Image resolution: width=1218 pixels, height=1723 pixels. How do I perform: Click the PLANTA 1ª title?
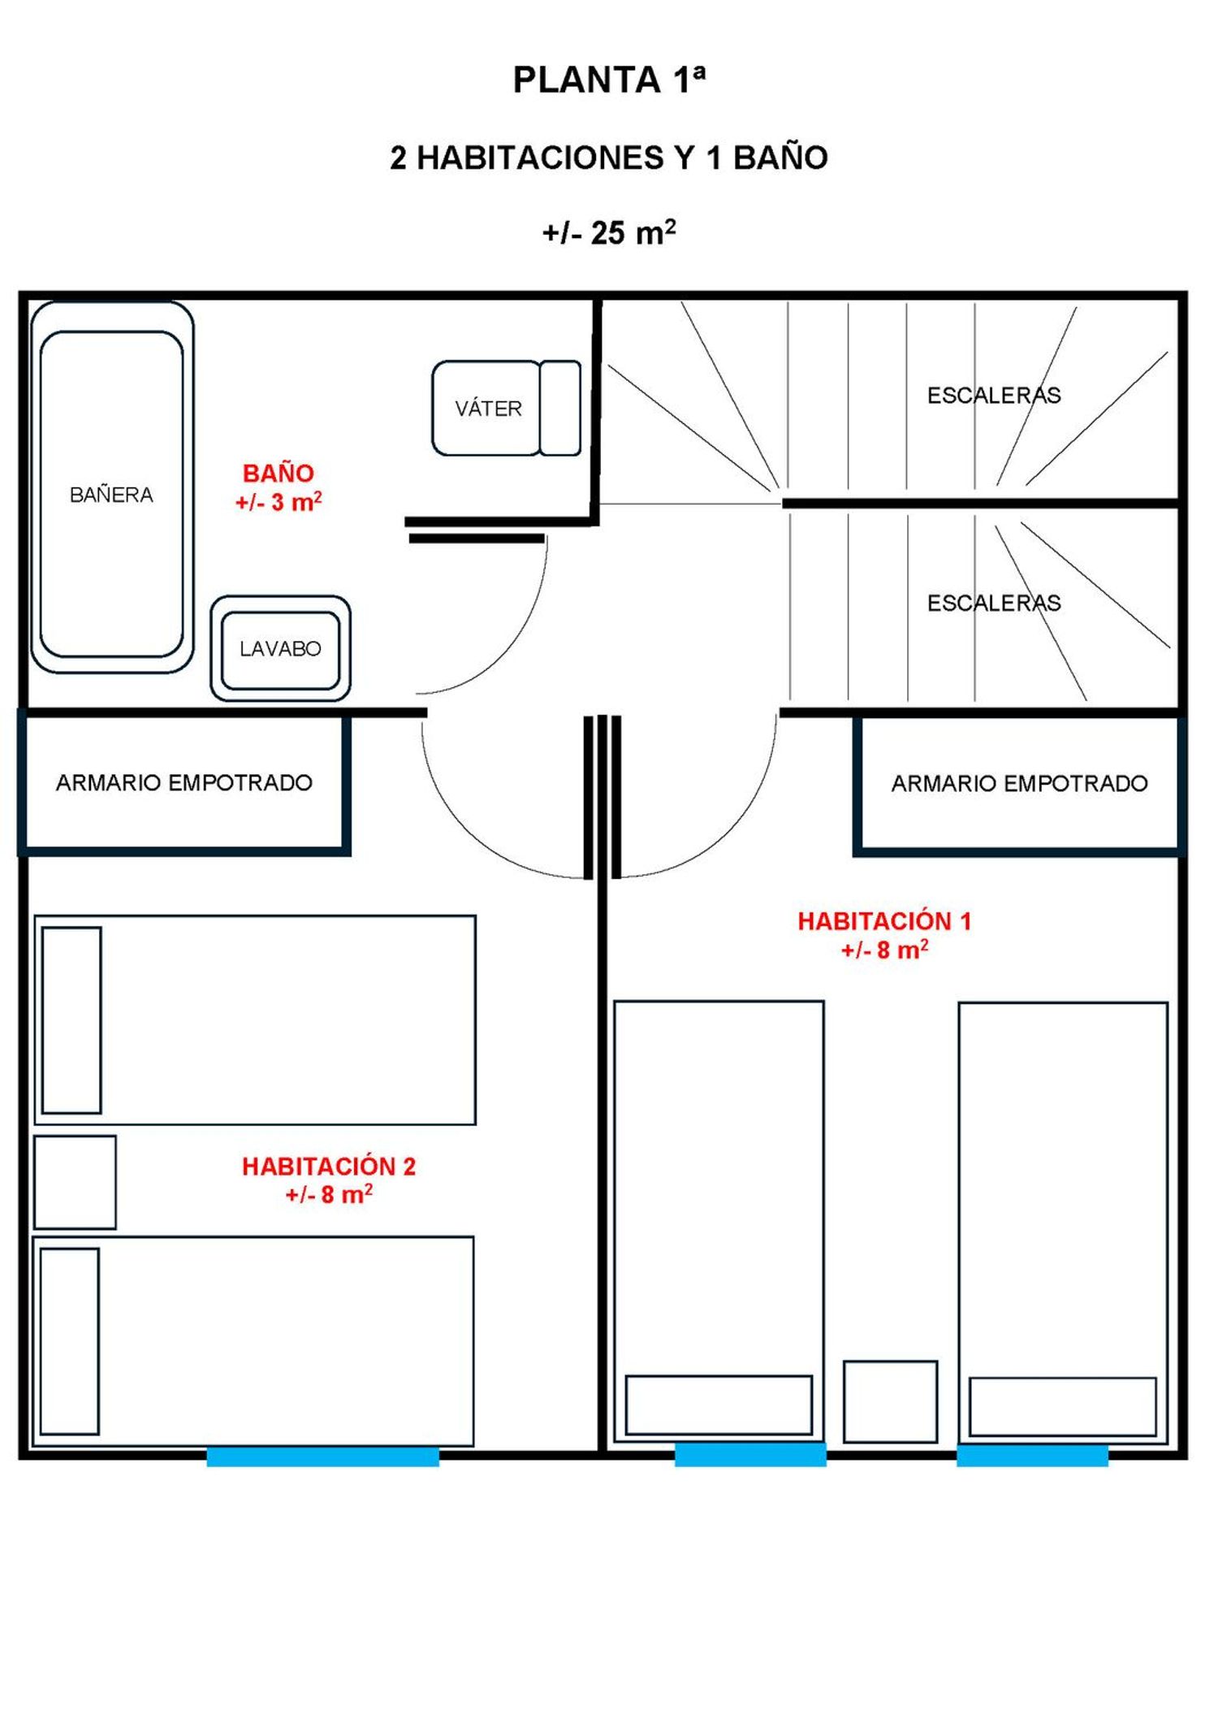pos(609,80)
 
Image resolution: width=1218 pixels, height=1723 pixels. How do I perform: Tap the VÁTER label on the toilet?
pos(488,408)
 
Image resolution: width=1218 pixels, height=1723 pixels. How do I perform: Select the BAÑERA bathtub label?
pos(111,494)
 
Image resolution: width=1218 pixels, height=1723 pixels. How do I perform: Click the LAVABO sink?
pos(280,648)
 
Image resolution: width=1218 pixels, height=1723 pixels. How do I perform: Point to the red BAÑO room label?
pos(279,473)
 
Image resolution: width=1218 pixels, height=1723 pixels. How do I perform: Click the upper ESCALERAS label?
pos(994,395)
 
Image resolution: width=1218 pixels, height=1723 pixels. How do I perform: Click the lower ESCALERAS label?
pos(994,603)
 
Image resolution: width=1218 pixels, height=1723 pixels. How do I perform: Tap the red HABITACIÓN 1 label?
pos(884,920)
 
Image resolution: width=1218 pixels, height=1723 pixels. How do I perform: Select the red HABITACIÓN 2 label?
pos(329,1166)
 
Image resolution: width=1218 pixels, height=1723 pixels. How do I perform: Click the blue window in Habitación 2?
pos(323,1457)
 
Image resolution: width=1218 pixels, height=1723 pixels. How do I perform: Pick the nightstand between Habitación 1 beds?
pos(890,1401)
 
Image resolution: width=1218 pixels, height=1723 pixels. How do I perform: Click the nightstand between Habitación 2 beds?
pos(75,1182)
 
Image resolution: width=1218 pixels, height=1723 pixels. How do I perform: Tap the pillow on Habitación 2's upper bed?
pos(71,1020)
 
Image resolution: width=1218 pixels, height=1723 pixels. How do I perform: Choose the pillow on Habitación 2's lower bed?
pos(70,1341)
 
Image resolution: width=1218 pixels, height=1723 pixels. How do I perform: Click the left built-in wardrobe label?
pos(184,782)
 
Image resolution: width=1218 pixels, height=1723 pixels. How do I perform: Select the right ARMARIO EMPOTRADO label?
pos(1020,783)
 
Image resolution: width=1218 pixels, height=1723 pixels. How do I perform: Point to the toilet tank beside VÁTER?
pos(560,408)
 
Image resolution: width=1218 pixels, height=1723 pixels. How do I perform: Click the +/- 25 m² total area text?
pos(609,232)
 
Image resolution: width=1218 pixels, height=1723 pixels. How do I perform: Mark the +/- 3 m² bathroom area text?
pos(279,502)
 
